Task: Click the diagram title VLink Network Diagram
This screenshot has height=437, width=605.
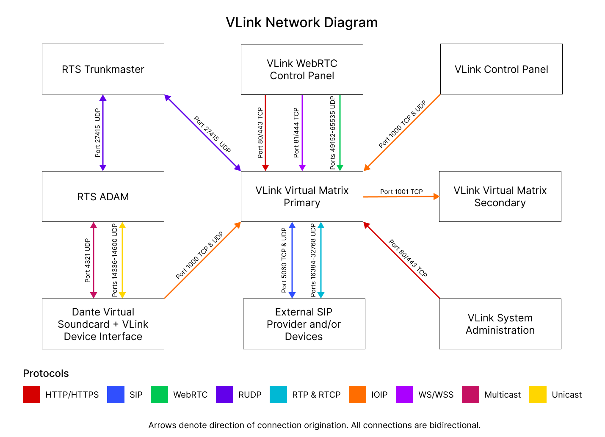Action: [301, 22]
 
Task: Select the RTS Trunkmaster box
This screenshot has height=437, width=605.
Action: [103, 69]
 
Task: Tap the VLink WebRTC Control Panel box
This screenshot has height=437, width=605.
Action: [302, 69]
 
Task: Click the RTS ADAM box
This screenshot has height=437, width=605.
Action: [103, 196]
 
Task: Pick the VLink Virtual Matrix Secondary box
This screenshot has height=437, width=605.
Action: [500, 196]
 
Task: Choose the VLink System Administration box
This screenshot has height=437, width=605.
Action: [500, 324]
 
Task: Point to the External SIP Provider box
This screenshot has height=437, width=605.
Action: [304, 324]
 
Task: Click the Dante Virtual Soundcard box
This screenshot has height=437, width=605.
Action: [103, 324]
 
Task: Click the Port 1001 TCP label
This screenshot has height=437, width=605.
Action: [401, 191]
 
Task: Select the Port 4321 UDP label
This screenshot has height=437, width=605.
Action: [88, 260]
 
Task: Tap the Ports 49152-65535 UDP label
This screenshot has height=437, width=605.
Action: [333, 133]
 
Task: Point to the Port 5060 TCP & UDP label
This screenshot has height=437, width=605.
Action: [284, 260]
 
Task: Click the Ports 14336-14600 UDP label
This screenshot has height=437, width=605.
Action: [115, 260]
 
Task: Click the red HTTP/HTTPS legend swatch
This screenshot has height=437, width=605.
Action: [31, 394]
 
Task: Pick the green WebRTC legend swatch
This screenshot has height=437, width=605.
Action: [159, 394]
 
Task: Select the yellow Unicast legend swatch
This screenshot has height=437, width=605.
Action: [538, 394]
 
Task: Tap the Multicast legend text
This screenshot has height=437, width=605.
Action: [503, 395]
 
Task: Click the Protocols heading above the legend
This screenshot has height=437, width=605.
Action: [46, 373]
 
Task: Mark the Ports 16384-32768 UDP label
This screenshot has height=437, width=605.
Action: [313, 260]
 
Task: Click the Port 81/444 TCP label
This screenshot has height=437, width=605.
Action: [296, 133]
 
